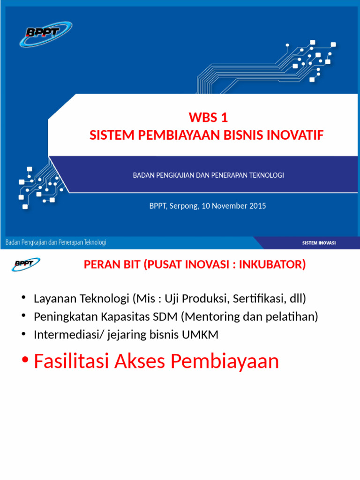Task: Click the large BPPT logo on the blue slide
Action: point(45,33)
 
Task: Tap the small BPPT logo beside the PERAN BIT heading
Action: point(26,264)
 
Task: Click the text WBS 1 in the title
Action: point(208,117)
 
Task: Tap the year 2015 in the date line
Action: point(257,205)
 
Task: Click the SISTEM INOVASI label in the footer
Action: point(319,243)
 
